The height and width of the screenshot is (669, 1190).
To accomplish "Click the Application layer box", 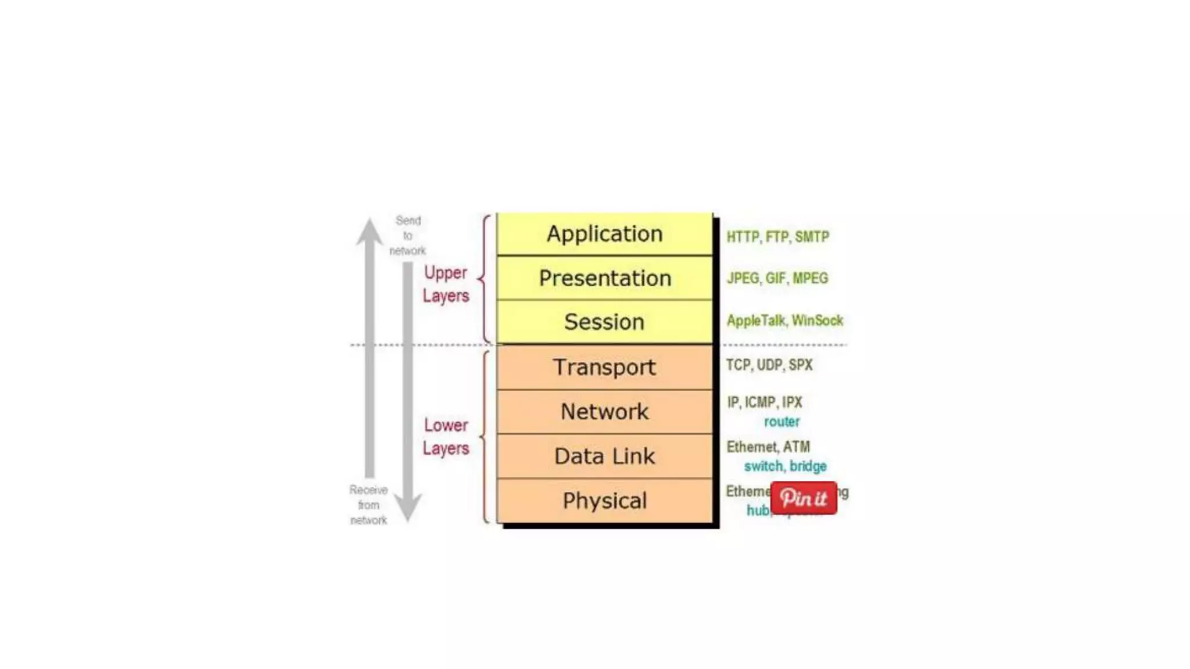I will coord(604,234).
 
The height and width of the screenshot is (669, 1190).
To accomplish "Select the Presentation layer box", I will coord(604,278).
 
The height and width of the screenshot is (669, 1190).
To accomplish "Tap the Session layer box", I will coord(604,322).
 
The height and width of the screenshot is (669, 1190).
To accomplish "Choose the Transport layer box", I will coord(604,367).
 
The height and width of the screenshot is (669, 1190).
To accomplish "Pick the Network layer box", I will coord(604,412).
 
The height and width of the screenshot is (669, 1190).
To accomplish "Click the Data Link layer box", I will coord(604,456).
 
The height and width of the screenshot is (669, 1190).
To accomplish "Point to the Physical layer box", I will coord(604,501).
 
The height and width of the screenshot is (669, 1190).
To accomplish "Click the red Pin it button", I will coord(804,498).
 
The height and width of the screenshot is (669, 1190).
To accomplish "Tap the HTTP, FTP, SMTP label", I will coord(777,237).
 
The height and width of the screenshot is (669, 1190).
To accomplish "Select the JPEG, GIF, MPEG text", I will coord(777,278).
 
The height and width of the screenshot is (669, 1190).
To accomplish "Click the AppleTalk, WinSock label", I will coord(784,321).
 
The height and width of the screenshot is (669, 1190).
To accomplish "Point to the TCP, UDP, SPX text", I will coord(769,365).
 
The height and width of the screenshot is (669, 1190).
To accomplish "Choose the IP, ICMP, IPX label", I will coord(764,402).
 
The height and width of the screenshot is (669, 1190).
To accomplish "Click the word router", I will coord(782,422).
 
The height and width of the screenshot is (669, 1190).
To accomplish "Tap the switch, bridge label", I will coord(785,466).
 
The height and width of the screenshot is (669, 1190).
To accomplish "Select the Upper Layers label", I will coord(446,285).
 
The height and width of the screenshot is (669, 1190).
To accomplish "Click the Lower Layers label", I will coord(446,437).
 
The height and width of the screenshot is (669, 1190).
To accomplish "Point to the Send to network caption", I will coord(407,236).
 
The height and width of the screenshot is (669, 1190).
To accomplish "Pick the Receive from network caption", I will coord(368,505).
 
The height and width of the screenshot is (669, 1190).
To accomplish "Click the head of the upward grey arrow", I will coord(370,231).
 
